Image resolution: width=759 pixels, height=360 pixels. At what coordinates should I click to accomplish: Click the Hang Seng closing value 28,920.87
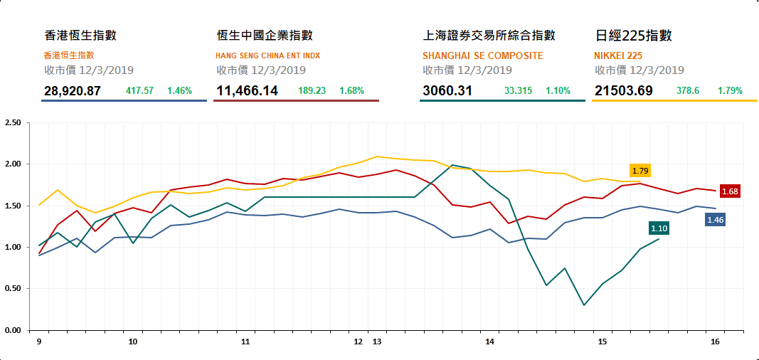(72, 91)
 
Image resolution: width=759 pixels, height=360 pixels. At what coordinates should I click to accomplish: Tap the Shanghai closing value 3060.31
(448, 91)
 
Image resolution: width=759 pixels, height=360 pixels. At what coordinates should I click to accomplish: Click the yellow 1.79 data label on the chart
(640, 171)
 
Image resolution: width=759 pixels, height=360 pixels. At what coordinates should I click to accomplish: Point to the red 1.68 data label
(730, 191)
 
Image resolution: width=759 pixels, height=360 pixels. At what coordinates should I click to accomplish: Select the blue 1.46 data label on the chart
(715, 220)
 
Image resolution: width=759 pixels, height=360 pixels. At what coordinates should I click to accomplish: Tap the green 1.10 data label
(659, 228)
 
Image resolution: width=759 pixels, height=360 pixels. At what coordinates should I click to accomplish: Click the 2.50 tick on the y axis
(13, 123)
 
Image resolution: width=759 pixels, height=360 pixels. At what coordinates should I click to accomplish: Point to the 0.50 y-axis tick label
(13, 289)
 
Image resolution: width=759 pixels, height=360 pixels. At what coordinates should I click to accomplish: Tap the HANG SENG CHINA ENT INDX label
(267, 55)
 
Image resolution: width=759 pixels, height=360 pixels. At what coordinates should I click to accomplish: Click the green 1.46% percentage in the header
(180, 91)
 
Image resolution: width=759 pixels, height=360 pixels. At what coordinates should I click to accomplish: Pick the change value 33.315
(518, 91)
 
